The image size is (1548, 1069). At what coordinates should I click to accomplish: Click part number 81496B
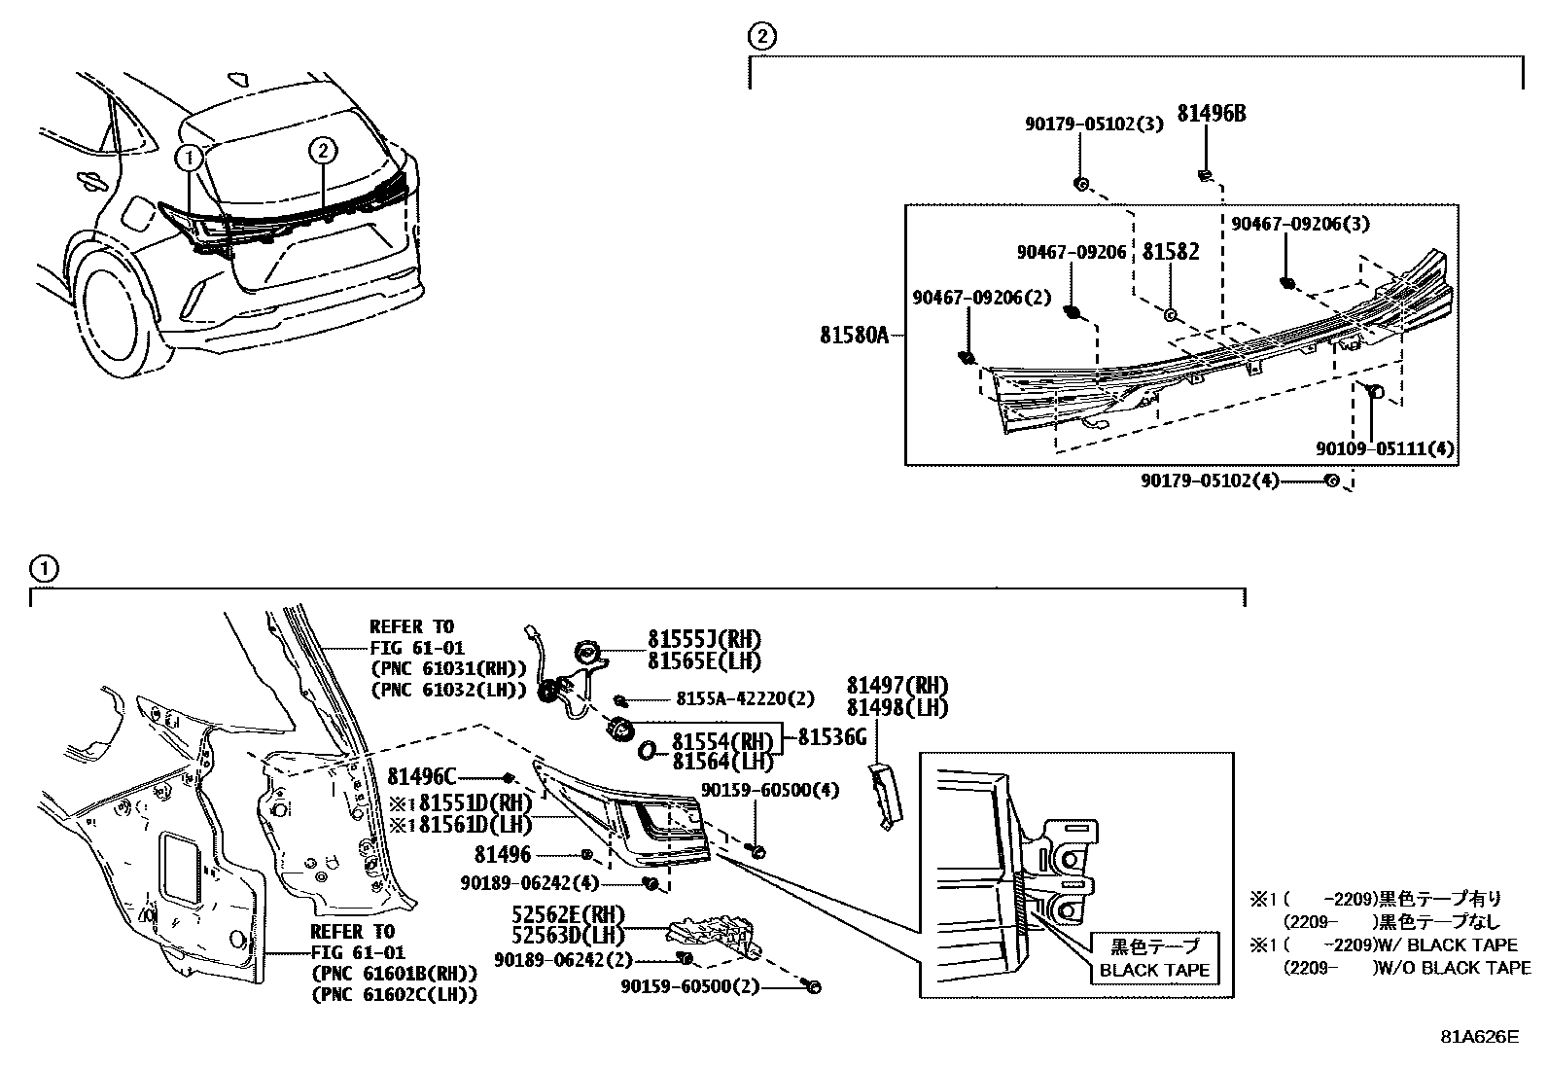(x=1211, y=114)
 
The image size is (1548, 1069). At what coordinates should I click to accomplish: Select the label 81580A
(x=854, y=336)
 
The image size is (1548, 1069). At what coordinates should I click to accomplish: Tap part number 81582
(x=1170, y=252)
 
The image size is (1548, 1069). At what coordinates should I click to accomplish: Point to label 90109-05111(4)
(x=1386, y=449)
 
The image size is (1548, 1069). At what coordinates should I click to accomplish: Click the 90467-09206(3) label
(x=1300, y=224)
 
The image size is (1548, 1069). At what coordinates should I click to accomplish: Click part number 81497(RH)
(x=897, y=686)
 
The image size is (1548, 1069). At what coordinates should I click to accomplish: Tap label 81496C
(x=422, y=776)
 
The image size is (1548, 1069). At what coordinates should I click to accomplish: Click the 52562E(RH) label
(x=569, y=915)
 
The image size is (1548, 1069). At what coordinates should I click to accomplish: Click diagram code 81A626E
(x=1479, y=1037)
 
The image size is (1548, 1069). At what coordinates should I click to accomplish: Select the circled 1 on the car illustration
(x=190, y=156)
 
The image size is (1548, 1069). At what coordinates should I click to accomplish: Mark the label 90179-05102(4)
(x=1209, y=481)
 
